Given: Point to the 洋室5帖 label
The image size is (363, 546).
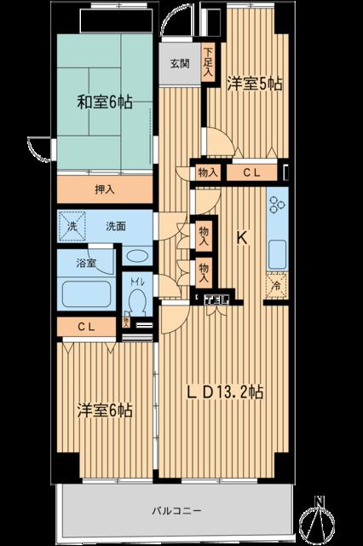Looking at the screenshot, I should (x=254, y=84).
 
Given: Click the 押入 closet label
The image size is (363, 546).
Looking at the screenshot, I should (x=106, y=189).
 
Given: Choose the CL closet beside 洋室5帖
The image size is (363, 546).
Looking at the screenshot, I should (x=253, y=172).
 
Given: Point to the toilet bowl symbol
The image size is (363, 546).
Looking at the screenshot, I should (x=135, y=301).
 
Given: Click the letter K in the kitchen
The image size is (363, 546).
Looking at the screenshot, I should (x=242, y=240).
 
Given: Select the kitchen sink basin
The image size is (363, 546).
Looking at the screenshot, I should (x=277, y=253).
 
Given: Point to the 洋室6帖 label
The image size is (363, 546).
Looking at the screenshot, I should (x=104, y=410).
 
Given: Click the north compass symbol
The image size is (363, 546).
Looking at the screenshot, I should (x=320, y=518).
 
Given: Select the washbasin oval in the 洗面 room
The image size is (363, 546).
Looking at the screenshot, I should (x=135, y=256).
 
